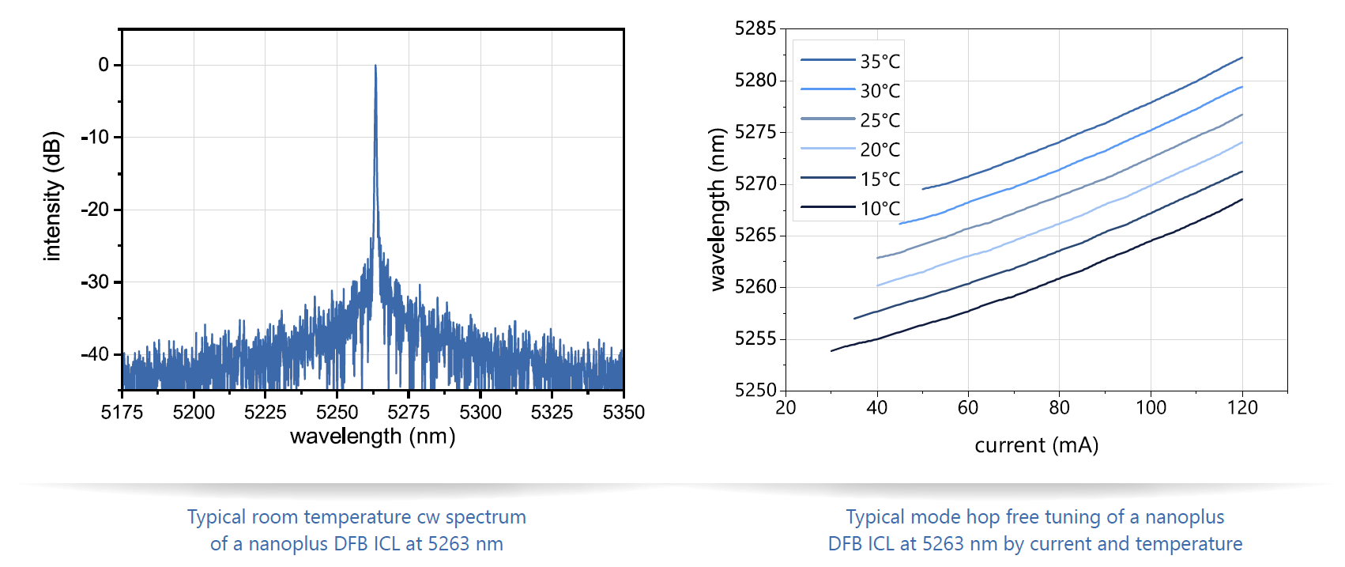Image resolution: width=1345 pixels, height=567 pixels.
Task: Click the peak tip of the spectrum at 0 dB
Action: [x=375, y=66]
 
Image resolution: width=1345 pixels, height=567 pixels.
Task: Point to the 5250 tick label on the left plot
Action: [x=337, y=412]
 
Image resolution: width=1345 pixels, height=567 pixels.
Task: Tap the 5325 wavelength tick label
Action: [x=552, y=412]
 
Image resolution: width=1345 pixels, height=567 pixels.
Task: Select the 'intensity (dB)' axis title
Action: [x=52, y=196]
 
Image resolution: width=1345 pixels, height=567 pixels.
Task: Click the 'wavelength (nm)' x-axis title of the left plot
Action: [x=372, y=437]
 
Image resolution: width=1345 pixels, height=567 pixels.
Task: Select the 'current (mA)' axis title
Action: [x=1036, y=445]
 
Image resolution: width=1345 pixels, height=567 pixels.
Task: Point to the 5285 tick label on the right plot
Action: [x=755, y=29]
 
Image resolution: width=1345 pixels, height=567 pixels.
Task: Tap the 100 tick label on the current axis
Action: [x=1151, y=408]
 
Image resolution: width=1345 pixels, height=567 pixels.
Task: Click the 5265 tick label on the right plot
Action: [x=755, y=236]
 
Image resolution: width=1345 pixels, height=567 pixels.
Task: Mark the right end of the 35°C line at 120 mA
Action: [x=1242, y=58]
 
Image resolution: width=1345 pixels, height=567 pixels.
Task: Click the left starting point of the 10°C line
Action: [x=831, y=350]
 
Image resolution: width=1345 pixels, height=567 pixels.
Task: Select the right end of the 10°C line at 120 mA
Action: [x=1242, y=199]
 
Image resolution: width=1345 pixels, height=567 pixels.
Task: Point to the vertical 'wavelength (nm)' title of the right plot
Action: [x=717, y=210]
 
